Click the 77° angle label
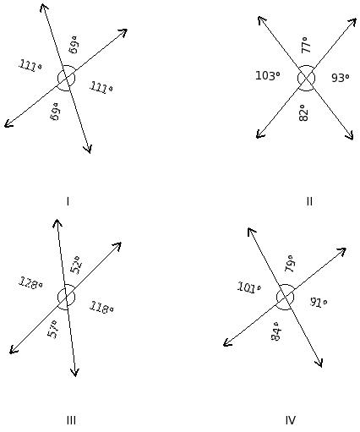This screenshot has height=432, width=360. [x=306, y=45]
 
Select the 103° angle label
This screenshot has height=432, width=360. [x=268, y=75]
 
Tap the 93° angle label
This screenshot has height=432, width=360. [x=341, y=78]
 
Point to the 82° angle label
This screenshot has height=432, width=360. [x=303, y=113]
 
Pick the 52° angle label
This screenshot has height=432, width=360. [x=76, y=265]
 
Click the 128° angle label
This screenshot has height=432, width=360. [x=30, y=283]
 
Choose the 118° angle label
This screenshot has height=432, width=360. [x=101, y=308]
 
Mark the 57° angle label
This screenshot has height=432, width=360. [x=53, y=330]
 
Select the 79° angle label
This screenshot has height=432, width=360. [x=290, y=264]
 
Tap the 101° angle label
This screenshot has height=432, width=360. [x=249, y=287]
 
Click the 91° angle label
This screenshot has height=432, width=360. [x=319, y=303]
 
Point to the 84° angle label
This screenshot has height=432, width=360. [x=276, y=331]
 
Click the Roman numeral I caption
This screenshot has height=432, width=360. [x=68, y=201]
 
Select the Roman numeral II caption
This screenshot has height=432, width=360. [x=309, y=201]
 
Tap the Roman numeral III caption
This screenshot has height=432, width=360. [x=71, y=420]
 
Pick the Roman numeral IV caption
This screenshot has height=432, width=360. [x=291, y=420]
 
